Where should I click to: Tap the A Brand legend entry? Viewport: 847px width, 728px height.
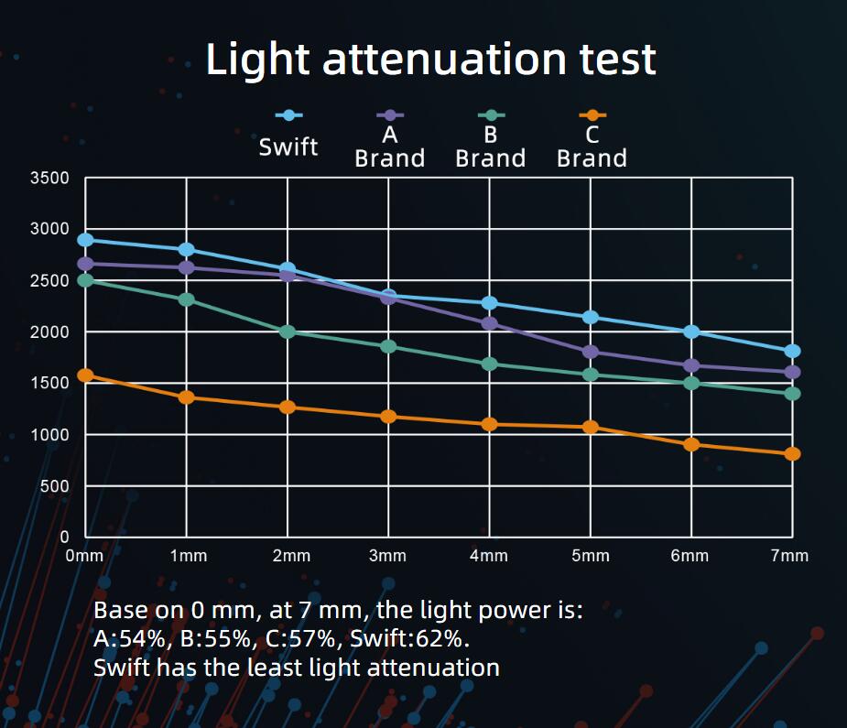click(x=390, y=147)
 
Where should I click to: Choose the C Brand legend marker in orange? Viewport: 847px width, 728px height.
click(x=592, y=115)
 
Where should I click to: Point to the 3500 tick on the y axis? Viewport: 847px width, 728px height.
click(x=51, y=178)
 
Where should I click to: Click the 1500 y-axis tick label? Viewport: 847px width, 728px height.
click(x=51, y=383)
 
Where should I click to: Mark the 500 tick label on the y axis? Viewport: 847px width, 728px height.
click(x=55, y=485)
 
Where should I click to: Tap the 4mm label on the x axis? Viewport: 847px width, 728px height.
click(x=488, y=556)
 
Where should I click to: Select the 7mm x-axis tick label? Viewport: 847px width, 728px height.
click(x=790, y=556)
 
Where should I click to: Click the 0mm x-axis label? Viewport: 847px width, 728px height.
click(x=85, y=556)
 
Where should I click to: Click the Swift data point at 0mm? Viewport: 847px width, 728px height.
click(x=85, y=240)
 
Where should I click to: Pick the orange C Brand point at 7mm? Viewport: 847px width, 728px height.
click(x=792, y=453)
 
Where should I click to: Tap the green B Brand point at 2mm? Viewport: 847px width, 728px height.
click(x=288, y=331)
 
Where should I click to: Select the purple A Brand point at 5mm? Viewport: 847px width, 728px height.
click(x=591, y=352)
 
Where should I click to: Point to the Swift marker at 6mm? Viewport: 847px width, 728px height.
click(x=691, y=331)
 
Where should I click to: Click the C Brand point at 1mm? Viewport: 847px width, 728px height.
click(x=187, y=397)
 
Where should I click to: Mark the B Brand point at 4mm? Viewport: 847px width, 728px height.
click(x=489, y=364)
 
